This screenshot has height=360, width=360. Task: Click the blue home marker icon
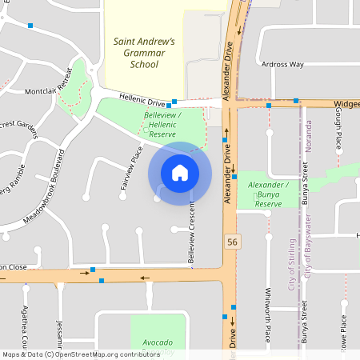coord(180,172)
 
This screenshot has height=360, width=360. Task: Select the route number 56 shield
coord(232,242)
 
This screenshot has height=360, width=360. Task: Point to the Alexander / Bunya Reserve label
coord(268,194)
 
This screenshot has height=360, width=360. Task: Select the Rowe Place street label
coord(344,333)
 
